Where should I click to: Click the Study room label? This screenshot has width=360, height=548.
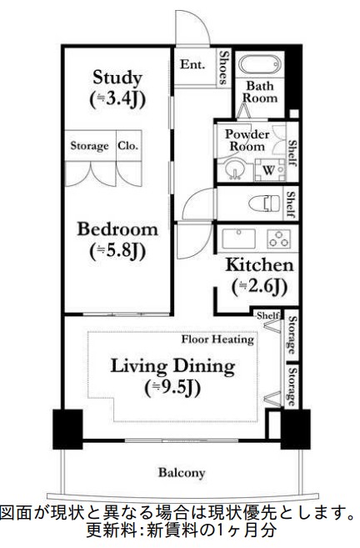point(117,78)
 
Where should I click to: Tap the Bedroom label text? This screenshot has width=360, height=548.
point(117,229)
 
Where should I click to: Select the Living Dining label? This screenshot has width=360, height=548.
point(173,366)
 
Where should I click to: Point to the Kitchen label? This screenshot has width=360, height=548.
point(260,265)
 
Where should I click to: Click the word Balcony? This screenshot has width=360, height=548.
point(182,473)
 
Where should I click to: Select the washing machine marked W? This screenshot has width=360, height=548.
point(269,170)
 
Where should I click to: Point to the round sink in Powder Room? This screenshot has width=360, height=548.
point(234,172)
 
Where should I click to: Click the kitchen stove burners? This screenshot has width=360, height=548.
point(277,239)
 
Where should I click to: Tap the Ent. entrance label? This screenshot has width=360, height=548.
point(192,63)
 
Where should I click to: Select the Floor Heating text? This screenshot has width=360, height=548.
point(217,339)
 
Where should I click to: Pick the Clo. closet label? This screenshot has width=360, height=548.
point(127,146)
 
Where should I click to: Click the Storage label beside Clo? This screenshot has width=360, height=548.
point(89,146)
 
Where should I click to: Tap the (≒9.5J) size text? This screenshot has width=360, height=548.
point(173,387)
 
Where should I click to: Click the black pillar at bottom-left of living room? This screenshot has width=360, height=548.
point(68,429)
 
